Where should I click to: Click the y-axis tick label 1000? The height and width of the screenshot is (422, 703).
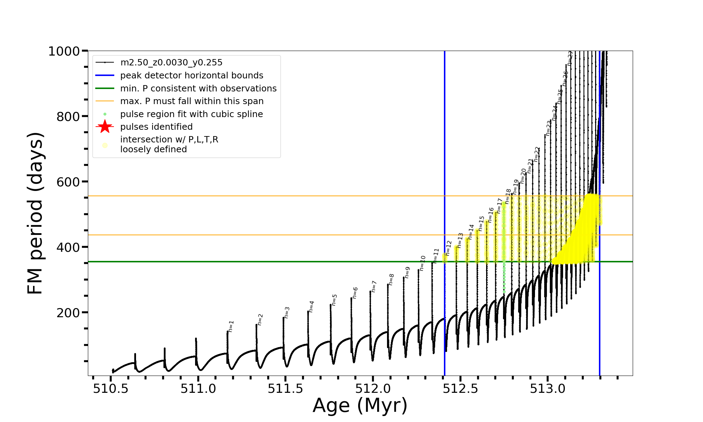[64, 52]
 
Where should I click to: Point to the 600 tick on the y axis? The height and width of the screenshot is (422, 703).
[68, 182]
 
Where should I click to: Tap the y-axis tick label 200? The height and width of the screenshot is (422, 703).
[68, 313]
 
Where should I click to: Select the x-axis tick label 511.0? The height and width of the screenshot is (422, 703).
[198, 389]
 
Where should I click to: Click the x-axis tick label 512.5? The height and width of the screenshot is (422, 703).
[461, 389]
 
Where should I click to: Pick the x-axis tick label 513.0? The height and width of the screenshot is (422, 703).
[548, 389]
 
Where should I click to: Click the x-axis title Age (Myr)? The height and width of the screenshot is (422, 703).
[360, 405]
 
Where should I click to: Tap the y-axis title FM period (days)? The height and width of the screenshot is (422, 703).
[36, 213]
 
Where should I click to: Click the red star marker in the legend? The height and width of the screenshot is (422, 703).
[105, 127]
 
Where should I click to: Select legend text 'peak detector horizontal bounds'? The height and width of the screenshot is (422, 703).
[192, 76]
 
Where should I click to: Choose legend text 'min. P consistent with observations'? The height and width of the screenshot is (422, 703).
[198, 89]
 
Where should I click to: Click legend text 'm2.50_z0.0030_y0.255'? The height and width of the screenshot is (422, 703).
[171, 63]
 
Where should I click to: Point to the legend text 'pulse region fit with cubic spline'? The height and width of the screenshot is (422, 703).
[192, 114]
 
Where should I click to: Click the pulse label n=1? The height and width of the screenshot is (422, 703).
[231, 326]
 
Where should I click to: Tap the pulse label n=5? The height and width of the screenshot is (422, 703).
[334, 300]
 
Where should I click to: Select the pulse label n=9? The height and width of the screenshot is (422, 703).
[407, 272]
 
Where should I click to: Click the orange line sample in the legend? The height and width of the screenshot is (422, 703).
[105, 101]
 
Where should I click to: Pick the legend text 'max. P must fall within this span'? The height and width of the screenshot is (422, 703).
[192, 101]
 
